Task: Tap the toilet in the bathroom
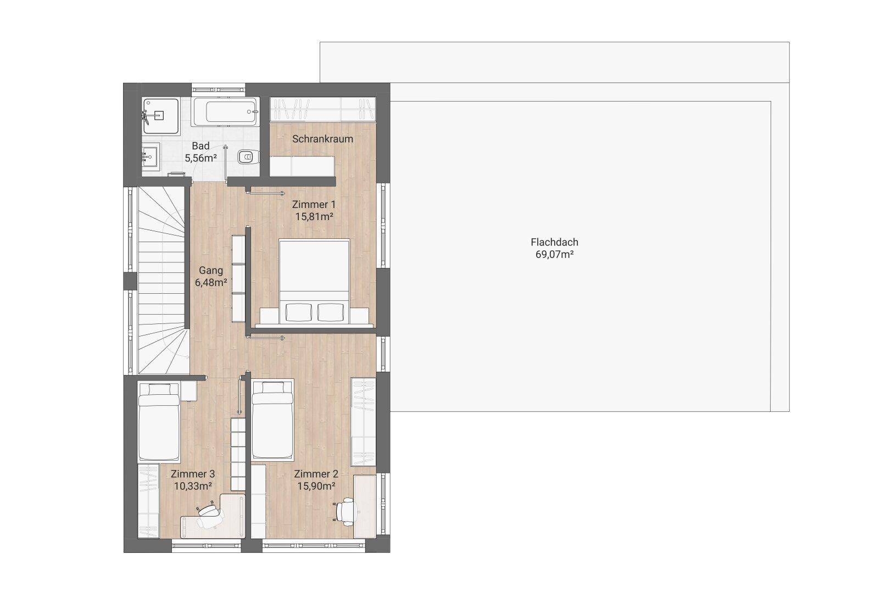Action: tap(249, 157)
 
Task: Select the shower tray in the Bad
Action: tap(160, 116)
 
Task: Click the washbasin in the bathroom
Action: tap(150, 157)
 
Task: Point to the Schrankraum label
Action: tap(322, 139)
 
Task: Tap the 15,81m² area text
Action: tap(315, 217)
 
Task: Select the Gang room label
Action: tap(211, 270)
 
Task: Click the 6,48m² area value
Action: tap(211, 282)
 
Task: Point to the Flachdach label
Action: tap(555, 242)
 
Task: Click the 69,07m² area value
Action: tap(555, 254)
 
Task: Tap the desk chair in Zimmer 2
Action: tap(345, 510)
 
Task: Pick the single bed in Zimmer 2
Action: tap(272, 419)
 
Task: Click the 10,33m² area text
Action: tap(193, 486)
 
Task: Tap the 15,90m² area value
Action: tap(316, 486)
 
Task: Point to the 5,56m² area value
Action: tap(201, 158)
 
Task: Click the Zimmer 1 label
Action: tap(314, 204)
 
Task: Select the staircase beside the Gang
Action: tap(161, 281)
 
